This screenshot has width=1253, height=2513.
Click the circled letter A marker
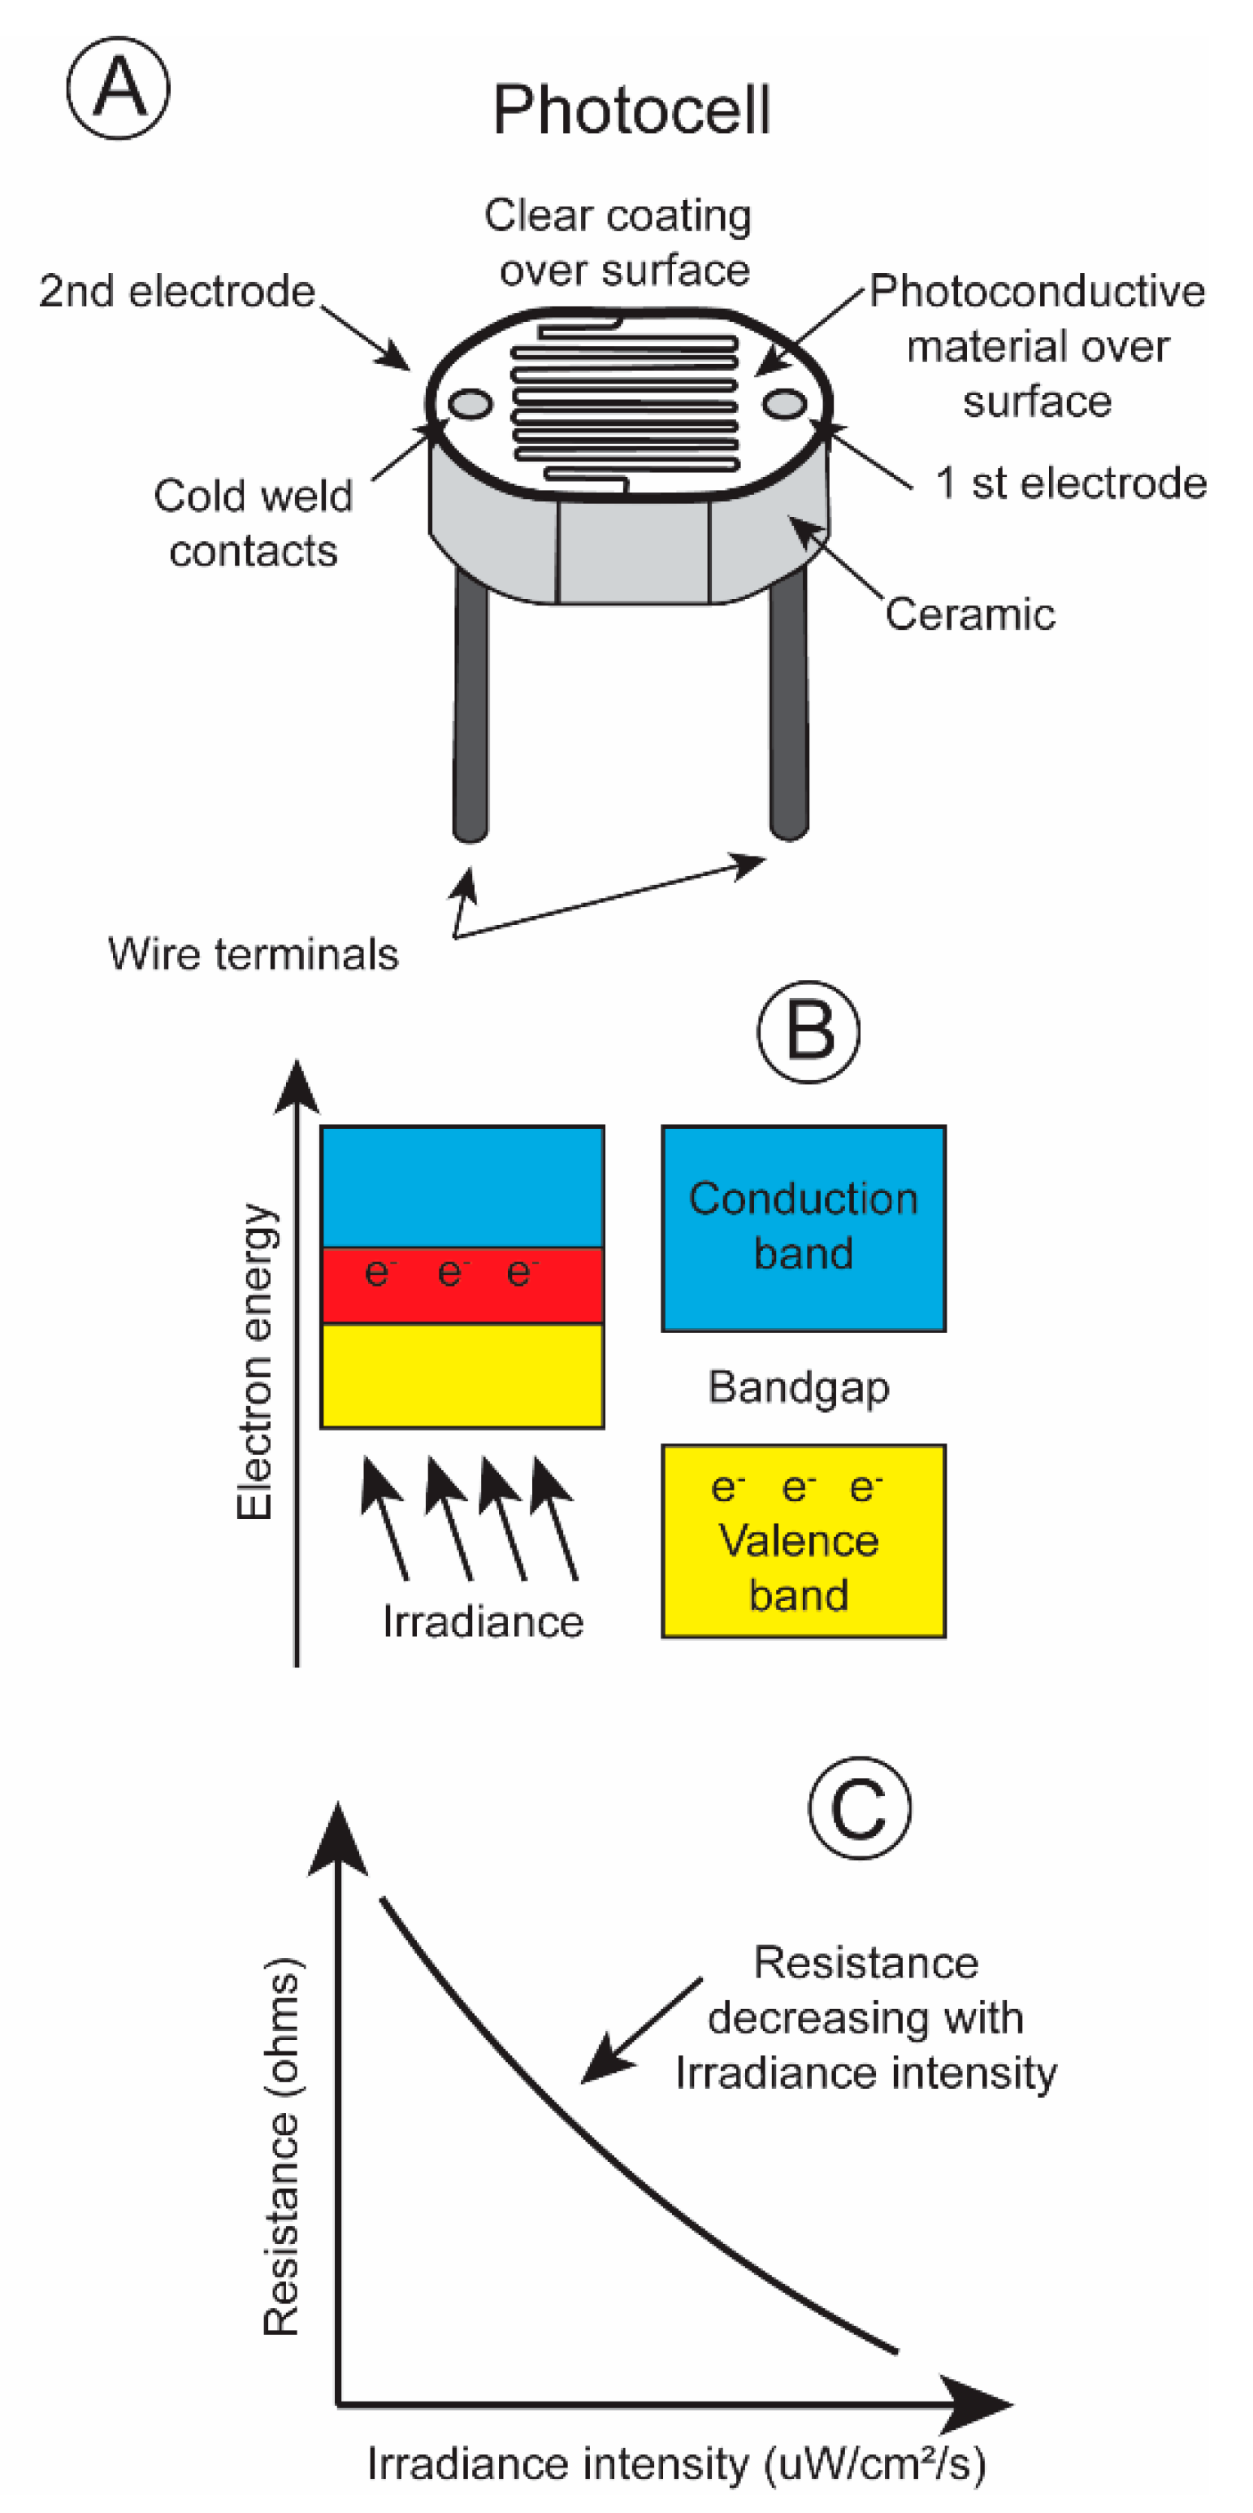tap(118, 88)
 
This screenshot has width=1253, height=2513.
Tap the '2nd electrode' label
tap(177, 291)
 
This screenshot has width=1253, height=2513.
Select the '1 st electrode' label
tap(1071, 483)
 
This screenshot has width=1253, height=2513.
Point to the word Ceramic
tap(969, 614)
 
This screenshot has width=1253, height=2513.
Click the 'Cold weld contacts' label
tap(253, 523)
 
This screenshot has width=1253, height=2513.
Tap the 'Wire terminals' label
tap(253, 954)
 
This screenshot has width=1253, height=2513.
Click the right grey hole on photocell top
tap(784, 404)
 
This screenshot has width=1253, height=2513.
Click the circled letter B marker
tap(809, 1032)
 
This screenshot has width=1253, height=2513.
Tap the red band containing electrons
tap(462, 1285)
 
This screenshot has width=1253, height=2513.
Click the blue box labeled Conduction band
tap(804, 1227)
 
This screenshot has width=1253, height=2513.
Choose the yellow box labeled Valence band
tap(804, 1541)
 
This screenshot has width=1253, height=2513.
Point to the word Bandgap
tap(799, 1387)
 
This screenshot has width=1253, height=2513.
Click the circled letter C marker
tap(859, 1807)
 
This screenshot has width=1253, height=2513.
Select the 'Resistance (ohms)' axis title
tap(283, 2146)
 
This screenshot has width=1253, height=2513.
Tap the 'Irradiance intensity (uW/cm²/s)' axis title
tap(676, 2463)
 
